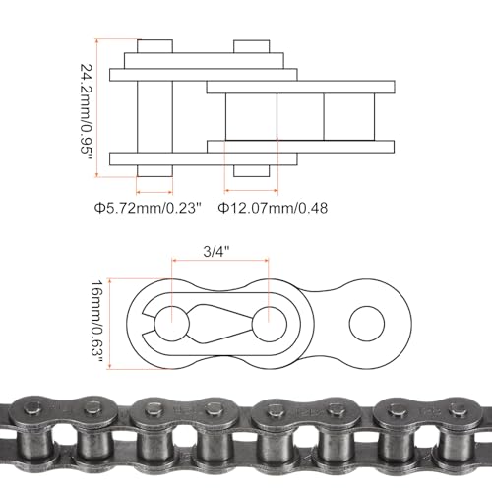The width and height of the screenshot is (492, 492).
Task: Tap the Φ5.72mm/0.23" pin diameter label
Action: (148, 208)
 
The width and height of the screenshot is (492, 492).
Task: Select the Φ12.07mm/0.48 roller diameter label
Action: (272, 208)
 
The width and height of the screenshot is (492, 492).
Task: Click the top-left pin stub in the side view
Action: (154, 47)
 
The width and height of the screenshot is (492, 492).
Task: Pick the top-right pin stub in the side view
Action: (251, 47)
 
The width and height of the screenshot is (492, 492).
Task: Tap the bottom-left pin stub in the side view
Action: (154, 172)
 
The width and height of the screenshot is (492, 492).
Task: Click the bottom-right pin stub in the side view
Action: (251, 172)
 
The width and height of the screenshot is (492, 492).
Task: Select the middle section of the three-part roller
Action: (300, 116)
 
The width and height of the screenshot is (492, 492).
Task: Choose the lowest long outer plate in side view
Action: (203, 158)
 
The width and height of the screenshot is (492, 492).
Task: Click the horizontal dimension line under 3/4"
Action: (218, 261)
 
